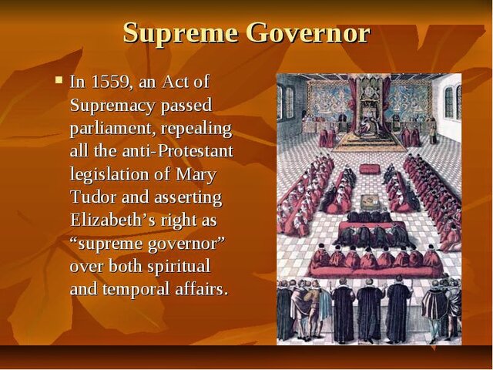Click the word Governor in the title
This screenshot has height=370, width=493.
tap(308, 33)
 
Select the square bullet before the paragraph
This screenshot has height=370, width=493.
tap(59, 79)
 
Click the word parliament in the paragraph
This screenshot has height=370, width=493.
tap(114, 127)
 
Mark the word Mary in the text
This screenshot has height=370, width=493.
tap(198, 174)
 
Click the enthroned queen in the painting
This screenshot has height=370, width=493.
tap(368, 116)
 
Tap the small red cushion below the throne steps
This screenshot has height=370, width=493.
tap(370, 169)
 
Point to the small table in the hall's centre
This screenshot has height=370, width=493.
tap(369, 202)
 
